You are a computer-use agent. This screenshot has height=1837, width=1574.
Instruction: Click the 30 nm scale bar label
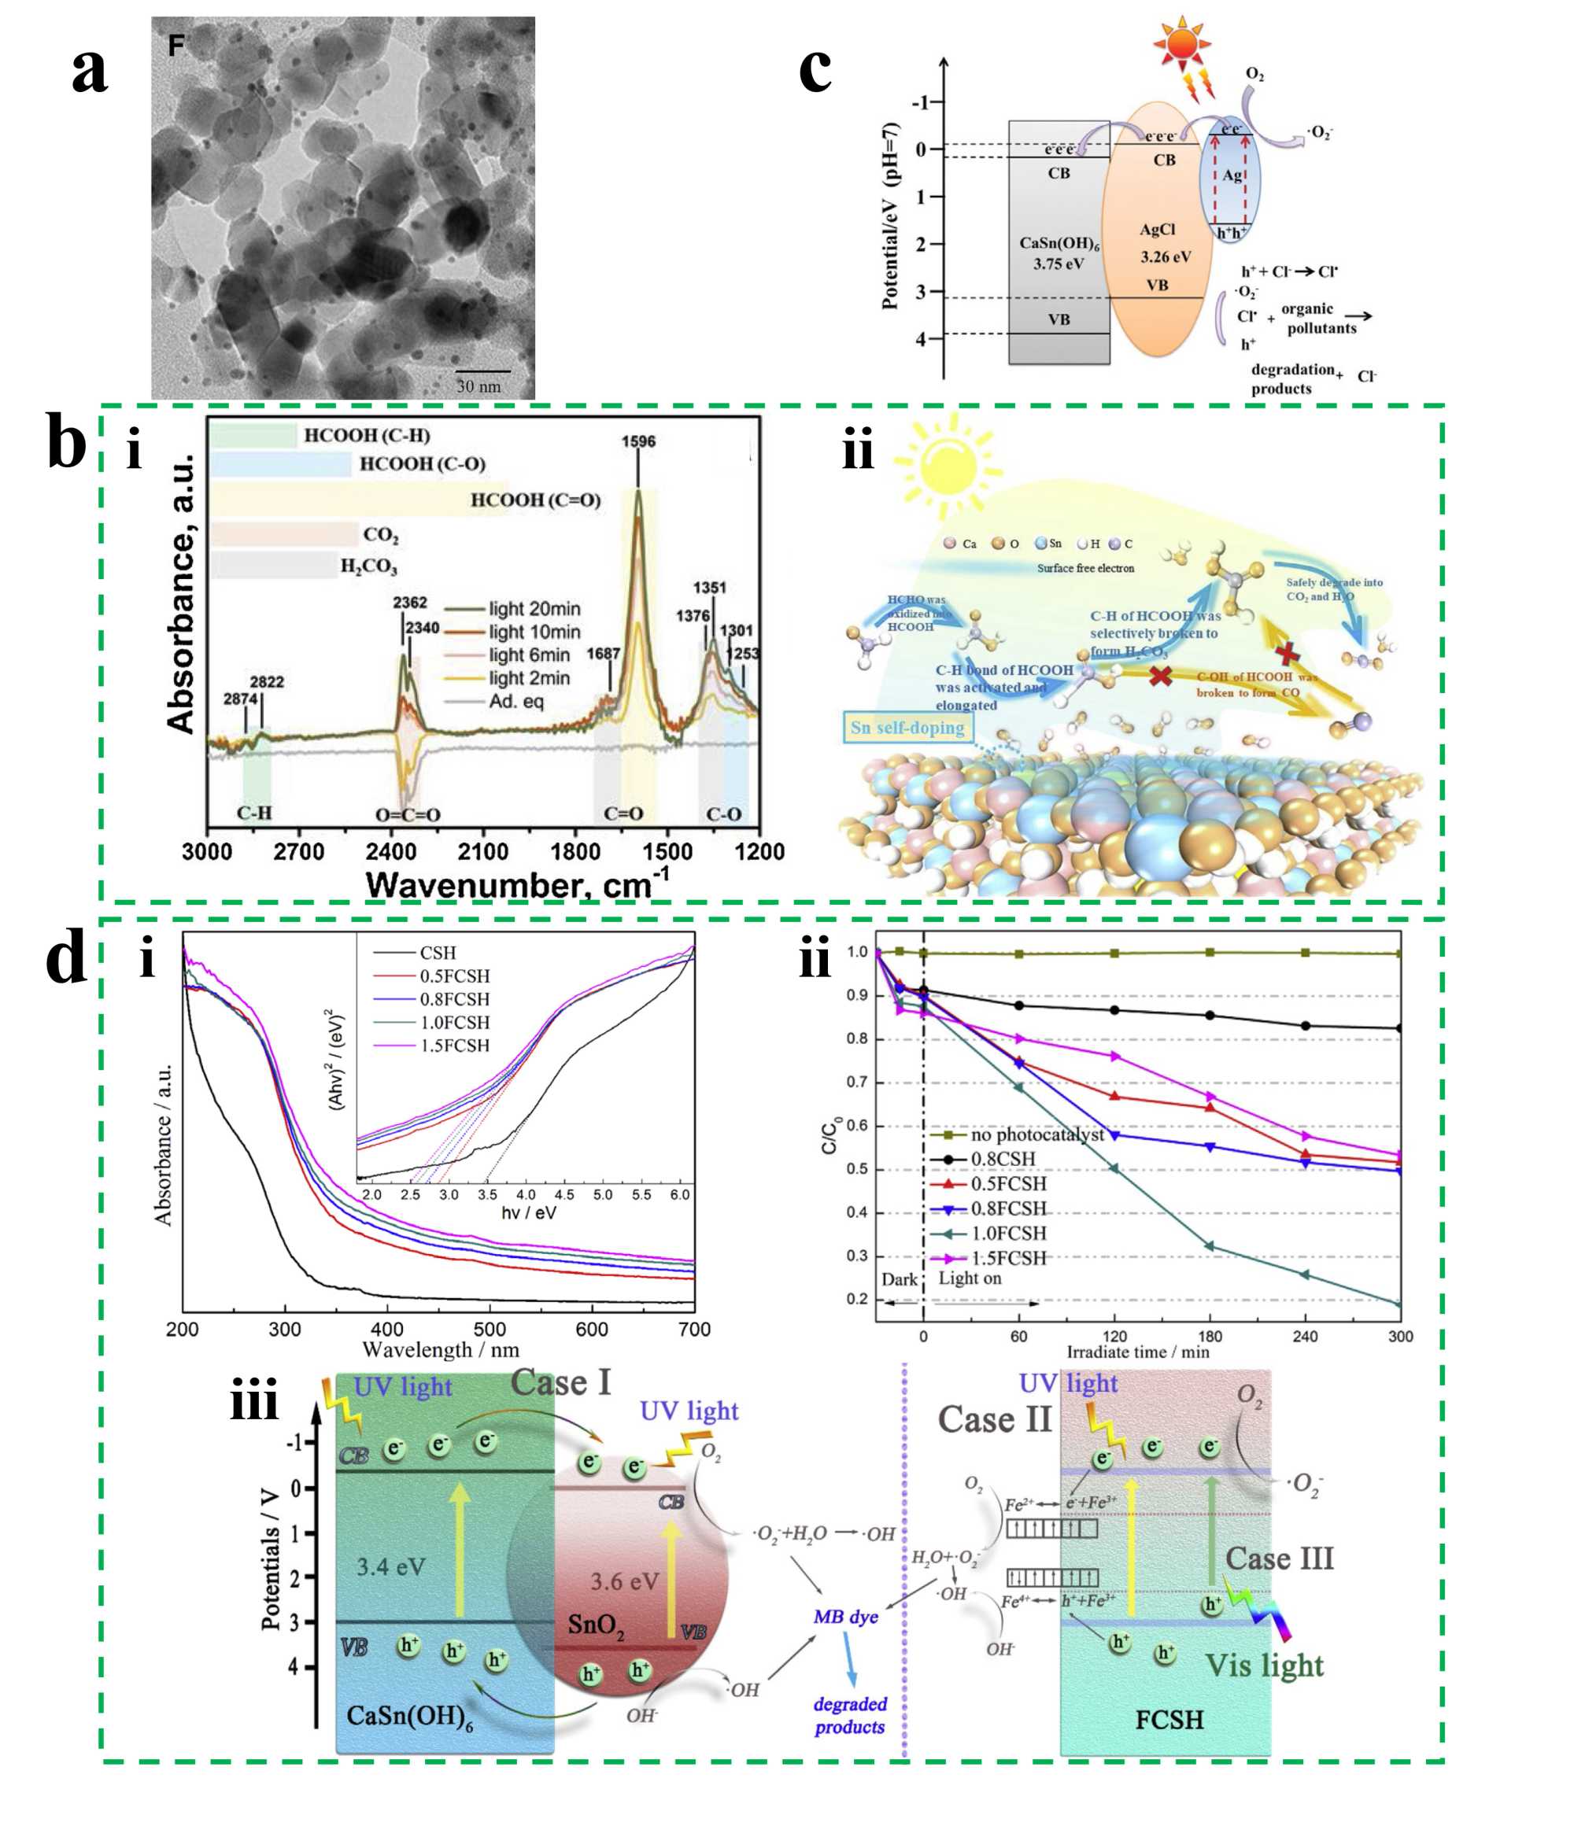pyautogui.click(x=478, y=386)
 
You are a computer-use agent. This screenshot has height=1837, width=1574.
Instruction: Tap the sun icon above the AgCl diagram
pyautogui.click(x=1182, y=43)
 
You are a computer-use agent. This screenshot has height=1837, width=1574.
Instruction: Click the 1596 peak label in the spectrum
pyautogui.click(x=637, y=441)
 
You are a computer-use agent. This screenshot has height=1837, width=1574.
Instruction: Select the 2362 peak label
pyautogui.click(x=410, y=603)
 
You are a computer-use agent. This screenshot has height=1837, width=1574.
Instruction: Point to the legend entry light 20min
pyautogui.click(x=534, y=609)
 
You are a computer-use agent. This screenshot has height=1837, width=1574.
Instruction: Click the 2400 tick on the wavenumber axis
pyautogui.click(x=390, y=852)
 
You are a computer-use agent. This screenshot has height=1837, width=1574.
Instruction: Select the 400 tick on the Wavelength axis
pyautogui.click(x=386, y=1329)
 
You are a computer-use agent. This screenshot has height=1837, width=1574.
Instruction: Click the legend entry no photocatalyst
pyautogui.click(x=1036, y=1134)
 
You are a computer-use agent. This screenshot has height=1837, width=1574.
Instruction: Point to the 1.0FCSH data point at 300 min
pyautogui.click(x=1399, y=1304)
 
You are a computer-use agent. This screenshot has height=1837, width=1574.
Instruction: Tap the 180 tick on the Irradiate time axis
pyautogui.click(x=1210, y=1336)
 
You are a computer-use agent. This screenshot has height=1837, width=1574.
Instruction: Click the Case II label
pyautogui.click(x=994, y=1419)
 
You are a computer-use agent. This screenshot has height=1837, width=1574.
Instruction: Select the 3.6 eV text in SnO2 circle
pyautogui.click(x=624, y=1581)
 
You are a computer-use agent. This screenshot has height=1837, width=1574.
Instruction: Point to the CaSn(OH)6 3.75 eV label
pyautogui.click(x=1059, y=253)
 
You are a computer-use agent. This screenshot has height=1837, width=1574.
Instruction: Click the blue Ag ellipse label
pyautogui.click(x=1232, y=175)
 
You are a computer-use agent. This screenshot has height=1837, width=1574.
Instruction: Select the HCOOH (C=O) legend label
pyautogui.click(x=534, y=500)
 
